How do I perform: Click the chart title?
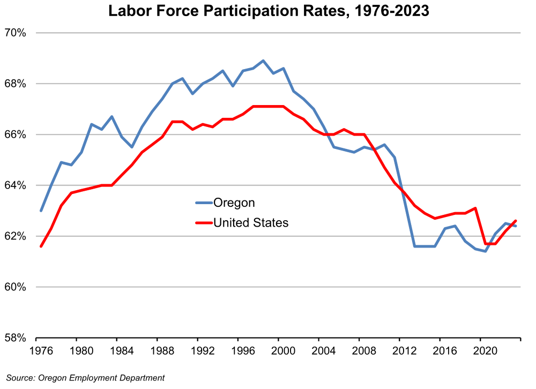pos(269,11)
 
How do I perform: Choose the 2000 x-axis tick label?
pos(278,353)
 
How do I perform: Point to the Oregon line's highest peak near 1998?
pos(263,61)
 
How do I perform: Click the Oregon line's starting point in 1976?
pos(41,211)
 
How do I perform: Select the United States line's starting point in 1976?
pos(41,246)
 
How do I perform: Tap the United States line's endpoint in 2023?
pos(516,221)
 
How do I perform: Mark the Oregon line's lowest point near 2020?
pos(486,251)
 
